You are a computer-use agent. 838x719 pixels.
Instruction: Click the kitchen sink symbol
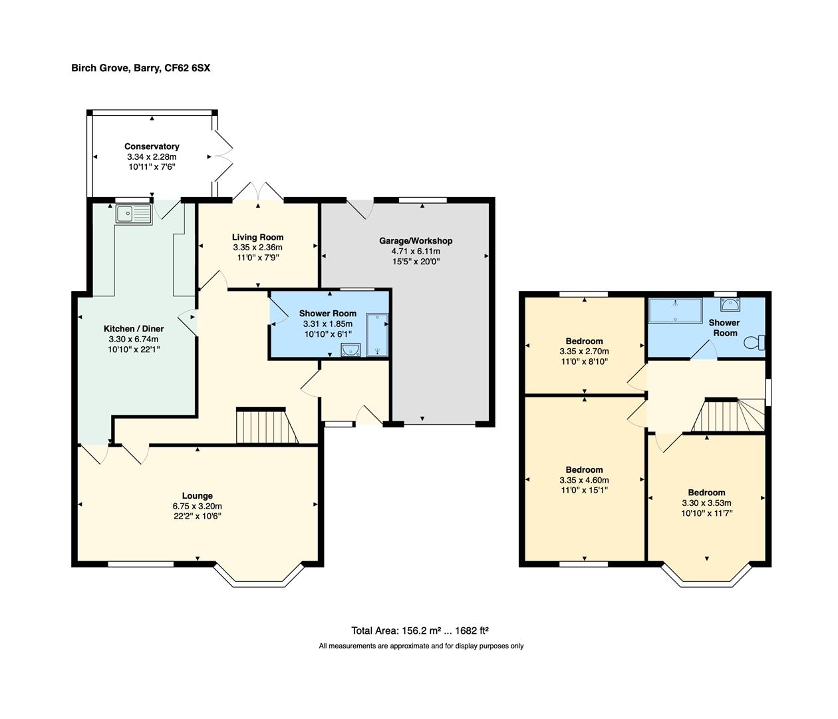(x=134, y=214)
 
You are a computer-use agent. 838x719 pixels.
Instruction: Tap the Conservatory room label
(x=152, y=146)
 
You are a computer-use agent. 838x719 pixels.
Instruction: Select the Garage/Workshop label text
(x=416, y=241)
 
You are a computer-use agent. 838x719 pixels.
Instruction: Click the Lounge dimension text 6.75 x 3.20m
(x=197, y=506)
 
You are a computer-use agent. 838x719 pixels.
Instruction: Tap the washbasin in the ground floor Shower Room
(x=350, y=350)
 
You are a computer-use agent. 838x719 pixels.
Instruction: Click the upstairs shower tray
(x=675, y=310)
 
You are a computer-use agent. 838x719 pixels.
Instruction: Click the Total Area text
(x=420, y=630)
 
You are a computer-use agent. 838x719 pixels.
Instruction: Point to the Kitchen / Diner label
(x=133, y=329)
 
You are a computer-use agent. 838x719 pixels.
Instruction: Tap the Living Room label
(x=257, y=237)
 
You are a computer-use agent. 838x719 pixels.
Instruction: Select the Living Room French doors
(x=258, y=191)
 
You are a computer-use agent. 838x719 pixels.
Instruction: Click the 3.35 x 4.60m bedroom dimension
(x=584, y=480)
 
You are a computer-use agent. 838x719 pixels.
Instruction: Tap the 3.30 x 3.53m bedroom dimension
(x=706, y=503)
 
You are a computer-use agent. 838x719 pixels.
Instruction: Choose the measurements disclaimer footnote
(x=421, y=646)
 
